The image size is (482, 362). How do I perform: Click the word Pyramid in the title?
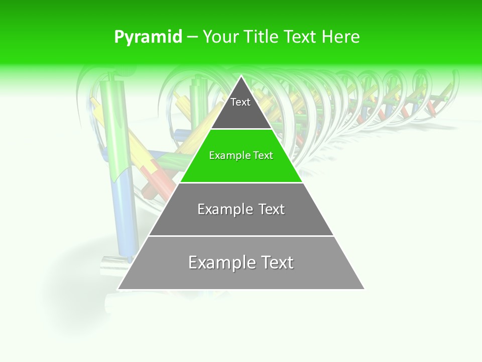pyautogui.click(x=148, y=37)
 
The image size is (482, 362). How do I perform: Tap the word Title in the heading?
pyautogui.click(x=262, y=37)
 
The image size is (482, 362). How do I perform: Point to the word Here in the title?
pyautogui.click(x=341, y=37)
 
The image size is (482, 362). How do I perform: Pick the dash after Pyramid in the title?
pyautogui.click(x=192, y=37)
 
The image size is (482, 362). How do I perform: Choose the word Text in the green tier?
pyautogui.click(x=263, y=155)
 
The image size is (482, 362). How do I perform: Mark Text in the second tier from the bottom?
pyautogui.click(x=272, y=209)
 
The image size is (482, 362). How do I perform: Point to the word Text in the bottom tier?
pyautogui.click(x=277, y=262)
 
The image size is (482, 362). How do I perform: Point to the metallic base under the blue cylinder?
pyautogui.click(x=114, y=265)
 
